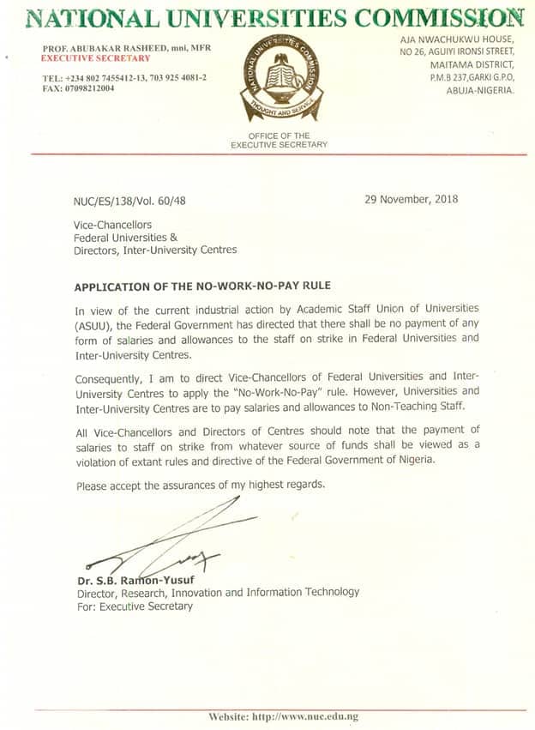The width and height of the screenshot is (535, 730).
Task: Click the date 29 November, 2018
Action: point(412,199)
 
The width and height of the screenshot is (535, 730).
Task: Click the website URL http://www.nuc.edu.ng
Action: point(305,716)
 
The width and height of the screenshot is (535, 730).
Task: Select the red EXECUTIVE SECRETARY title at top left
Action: point(96,58)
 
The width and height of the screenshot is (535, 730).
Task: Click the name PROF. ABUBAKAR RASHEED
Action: point(94,48)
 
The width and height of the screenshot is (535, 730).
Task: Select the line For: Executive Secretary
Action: point(135,606)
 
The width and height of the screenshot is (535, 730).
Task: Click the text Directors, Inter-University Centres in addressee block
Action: point(155,250)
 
